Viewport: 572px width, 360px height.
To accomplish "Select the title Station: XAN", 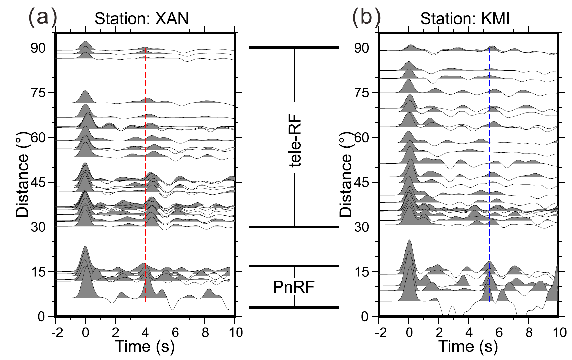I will (x=142, y=19).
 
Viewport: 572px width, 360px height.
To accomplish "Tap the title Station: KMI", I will (x=465, y=19).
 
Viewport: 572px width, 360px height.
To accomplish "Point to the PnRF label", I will (x=294, y=288).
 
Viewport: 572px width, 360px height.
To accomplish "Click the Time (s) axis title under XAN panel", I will (x=145, y=346).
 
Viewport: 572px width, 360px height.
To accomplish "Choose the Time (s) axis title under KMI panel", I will (x=468, y=346).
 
